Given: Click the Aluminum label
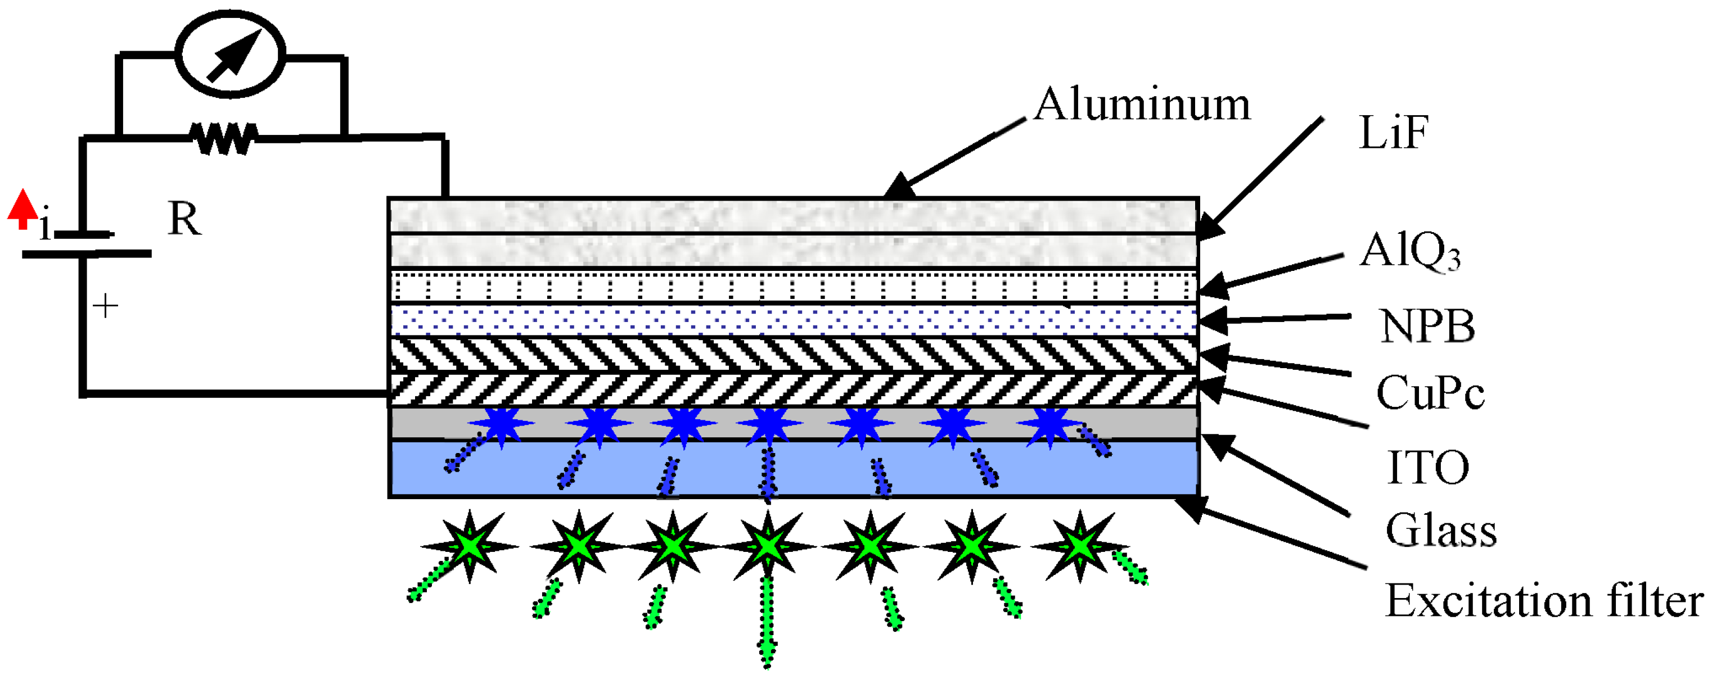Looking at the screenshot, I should [1142, 105].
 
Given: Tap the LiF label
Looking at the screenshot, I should [1393, 133].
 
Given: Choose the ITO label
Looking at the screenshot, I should [1428, 467].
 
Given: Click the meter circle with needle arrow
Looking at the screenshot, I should [231, 54].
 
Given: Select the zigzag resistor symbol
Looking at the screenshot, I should [223, 138].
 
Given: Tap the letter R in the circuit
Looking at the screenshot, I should [184, 219].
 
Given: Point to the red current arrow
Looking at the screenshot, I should [22, 209].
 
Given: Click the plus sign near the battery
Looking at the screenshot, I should [105, 306].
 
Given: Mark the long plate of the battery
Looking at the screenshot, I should [87, 253].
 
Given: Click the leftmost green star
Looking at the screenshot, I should [470, 546].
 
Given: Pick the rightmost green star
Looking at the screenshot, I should [1079, 546].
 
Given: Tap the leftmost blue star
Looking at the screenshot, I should [502, 424].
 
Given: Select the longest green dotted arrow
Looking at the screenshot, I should [768, 621].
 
